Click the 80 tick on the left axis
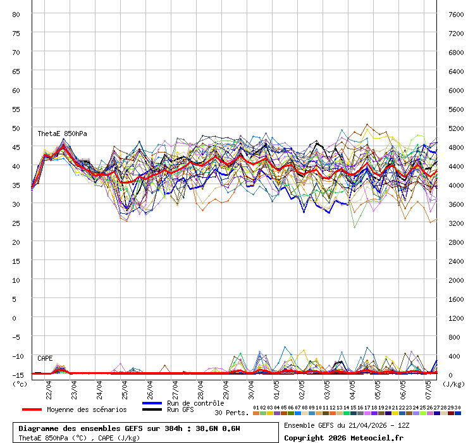[16, 14]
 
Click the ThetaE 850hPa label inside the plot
[62, 134]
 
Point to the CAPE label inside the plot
[45, 358]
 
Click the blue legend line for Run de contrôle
[152, 403]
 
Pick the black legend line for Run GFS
[152, 410]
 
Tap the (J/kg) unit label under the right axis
[453, 384]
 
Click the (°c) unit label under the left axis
[20, 384]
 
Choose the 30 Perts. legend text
[231, 413]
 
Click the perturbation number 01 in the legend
[256, 408]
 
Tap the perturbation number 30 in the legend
[457, 408]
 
